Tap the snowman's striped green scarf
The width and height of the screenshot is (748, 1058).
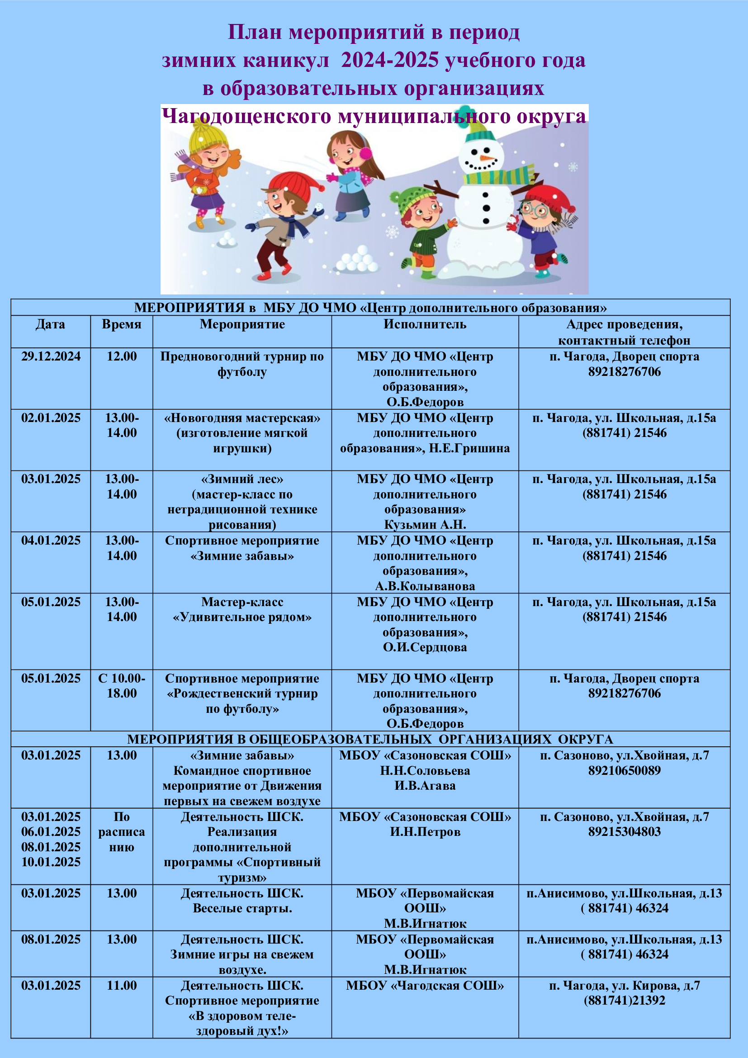[x=497, y=176]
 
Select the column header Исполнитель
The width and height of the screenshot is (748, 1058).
[x=425, y=324]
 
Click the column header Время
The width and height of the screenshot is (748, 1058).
[x=122, y=324]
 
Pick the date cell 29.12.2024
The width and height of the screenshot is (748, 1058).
[x=51, y=356]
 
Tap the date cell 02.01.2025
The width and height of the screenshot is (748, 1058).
[x=51, y=418]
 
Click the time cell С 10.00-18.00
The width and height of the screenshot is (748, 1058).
[x=122, y=686]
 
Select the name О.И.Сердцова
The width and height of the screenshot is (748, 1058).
[x=425, y=647]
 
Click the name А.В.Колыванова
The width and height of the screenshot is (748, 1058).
[x=425, y=586]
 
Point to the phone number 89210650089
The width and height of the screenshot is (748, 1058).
[x=624, y=770]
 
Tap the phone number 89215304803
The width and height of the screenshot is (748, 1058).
[x=624, y=832]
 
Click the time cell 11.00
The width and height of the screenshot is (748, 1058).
[x=122, y=985]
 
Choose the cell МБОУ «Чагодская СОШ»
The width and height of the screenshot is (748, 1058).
[x=425, y=985]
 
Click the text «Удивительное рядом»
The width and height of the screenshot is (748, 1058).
[x=242, y=617]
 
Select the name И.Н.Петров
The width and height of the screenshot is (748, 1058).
[x=425, y=832]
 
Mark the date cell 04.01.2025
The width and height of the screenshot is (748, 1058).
[x=51, y=541]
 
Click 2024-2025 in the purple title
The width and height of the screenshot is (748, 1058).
[x=389, y=60]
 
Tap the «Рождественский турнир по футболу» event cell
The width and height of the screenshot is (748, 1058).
[x=242, y=693]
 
